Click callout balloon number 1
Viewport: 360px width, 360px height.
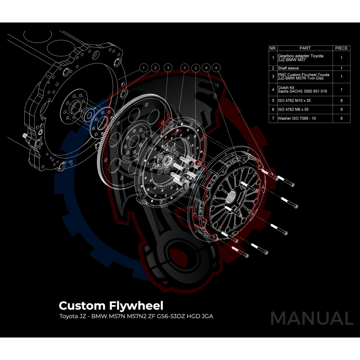[x=144, y=68]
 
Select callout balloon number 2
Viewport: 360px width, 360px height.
[x=155, y=68]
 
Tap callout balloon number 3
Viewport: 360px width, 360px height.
[x=167, y=68]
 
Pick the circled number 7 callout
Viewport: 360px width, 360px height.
[x=184, y=68]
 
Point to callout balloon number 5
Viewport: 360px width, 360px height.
[x=195, y=68]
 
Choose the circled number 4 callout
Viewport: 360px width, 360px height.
[x=207, y=68]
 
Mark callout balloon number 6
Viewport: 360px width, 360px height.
[x=217, y=68]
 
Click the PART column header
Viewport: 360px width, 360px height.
[x=305, y=48]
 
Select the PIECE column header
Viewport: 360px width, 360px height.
[x=342, y=48]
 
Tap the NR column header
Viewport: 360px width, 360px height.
[x=272, y=48]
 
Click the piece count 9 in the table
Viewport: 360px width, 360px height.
[x=342, y=109]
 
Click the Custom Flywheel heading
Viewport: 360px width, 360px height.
[x=111, y=306]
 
